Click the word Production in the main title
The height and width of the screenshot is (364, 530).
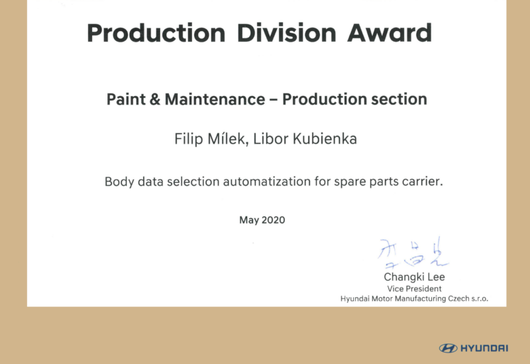pos(156,34)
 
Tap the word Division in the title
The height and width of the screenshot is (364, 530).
pos(287,32)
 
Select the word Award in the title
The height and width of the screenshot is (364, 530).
pos(390,32)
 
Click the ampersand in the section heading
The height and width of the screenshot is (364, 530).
pos(154,99)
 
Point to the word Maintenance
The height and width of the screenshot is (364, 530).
pos(215,99)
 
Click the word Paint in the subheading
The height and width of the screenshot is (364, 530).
pos(126,99)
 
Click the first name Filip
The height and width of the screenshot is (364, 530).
pos(189,140)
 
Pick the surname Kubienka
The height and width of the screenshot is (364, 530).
pos(325,139)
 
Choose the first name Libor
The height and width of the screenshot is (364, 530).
pos(271,139)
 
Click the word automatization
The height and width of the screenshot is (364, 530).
pos(267,181)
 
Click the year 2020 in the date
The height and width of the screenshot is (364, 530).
pos(273,220)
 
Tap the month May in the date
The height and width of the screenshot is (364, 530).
pos(249,220)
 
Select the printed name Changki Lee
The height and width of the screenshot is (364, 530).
pos(415,277)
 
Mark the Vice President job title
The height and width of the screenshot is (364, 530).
pos(415,289)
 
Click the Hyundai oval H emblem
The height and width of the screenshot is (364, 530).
pos(449,348)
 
